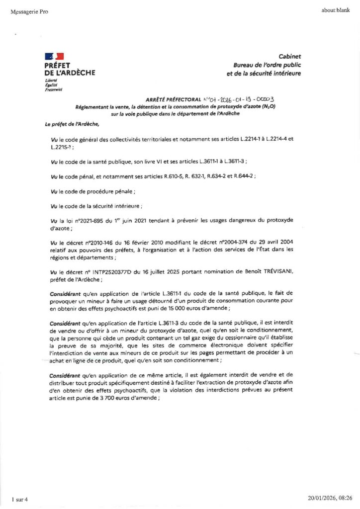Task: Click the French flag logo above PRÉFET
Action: (54, 57)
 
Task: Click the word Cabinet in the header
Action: (290, 57)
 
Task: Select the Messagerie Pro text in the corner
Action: (29, 12)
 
